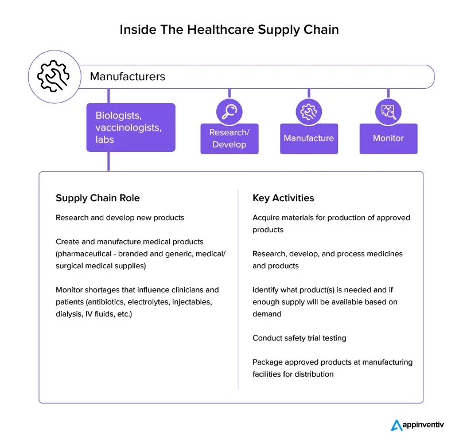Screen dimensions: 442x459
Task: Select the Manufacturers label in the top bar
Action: tap(127, 76)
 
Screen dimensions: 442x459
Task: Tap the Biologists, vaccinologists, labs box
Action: tap(131, 127)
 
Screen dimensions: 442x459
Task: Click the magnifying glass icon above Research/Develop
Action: tap(229, 111)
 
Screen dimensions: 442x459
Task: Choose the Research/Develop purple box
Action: tap(229, 139)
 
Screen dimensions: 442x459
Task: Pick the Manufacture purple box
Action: tap(309, 139)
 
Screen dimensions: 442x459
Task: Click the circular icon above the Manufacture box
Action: tap(309, 111)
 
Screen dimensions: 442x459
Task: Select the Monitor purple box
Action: tap(388, 139)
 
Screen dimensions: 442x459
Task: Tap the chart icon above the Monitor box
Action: tap(388, 111)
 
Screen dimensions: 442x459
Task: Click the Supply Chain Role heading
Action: tap(98, 198)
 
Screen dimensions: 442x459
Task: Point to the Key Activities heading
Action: tap(283, 198)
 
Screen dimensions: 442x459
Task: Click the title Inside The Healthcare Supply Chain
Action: tap(229, 30)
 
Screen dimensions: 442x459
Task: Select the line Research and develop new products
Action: tap(120, 218)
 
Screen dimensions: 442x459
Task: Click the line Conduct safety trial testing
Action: tap(299, 338)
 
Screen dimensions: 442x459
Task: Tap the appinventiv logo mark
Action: tap(397, 425)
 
